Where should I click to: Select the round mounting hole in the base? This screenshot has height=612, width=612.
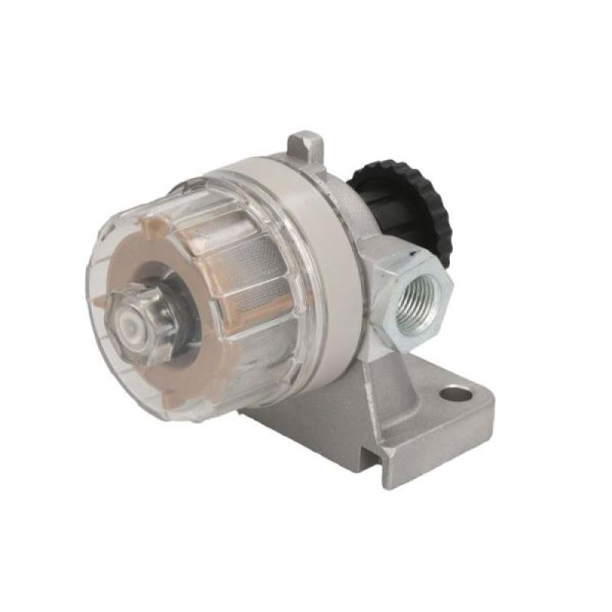click(x=456, y=395)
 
